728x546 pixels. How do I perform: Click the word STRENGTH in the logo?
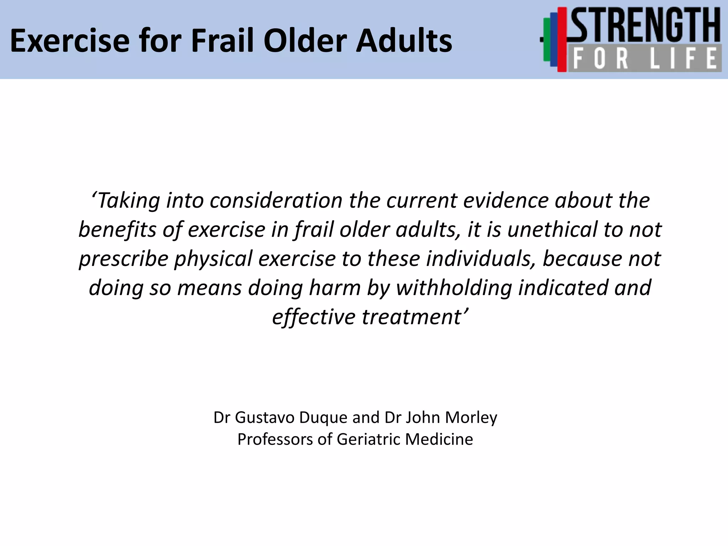pyautogui.click(x=645, y=26)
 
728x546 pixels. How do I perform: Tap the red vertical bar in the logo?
pyautogui.click(x=562, y=39)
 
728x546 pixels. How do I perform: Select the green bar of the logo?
pyautogui.click(x=547, y=39)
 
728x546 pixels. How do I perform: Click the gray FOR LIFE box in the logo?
pyautogui.click(x=645, y=58)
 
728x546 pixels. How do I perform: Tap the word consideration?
pyautogui.click(x=275, y=200)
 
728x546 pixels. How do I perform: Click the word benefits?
pyautogui.click(x=117, y=230)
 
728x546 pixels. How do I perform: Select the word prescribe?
pyautogui.click(x=123, y=259)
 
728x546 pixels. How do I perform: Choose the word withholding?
pyautogui.click(x=454, y=288)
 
